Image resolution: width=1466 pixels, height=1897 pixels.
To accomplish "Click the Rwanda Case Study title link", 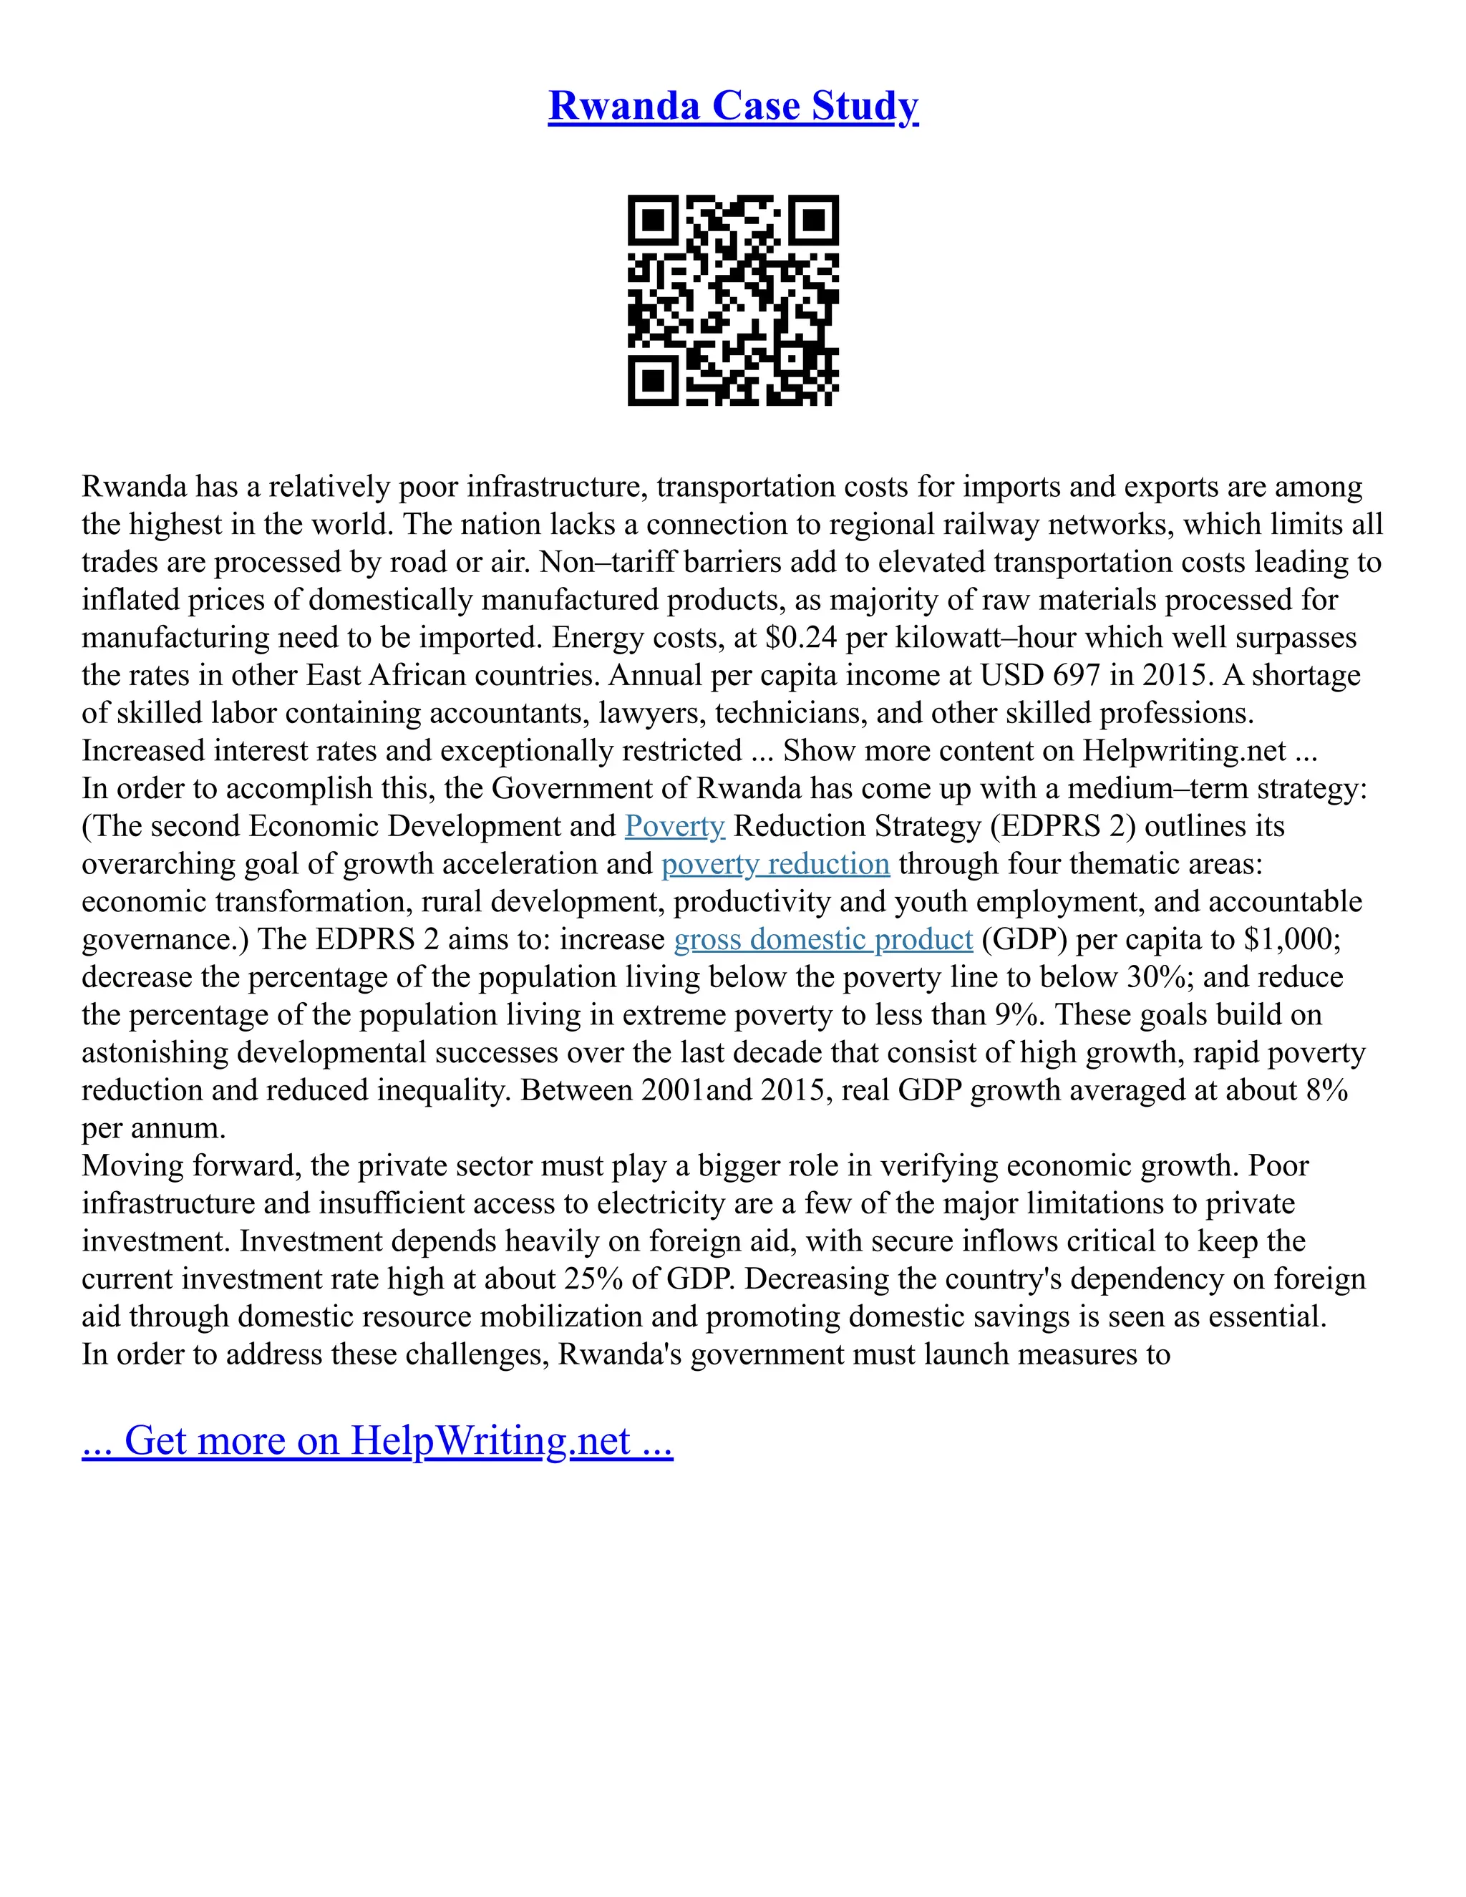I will coord(733,107).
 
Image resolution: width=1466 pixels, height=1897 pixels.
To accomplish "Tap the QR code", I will coord(733,300).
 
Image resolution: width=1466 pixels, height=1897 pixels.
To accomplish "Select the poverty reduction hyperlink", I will coord(775,864).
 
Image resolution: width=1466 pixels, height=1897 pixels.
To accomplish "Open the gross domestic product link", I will coord(822,940).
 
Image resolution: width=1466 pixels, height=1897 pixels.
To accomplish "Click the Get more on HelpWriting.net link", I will coord(377,1441).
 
